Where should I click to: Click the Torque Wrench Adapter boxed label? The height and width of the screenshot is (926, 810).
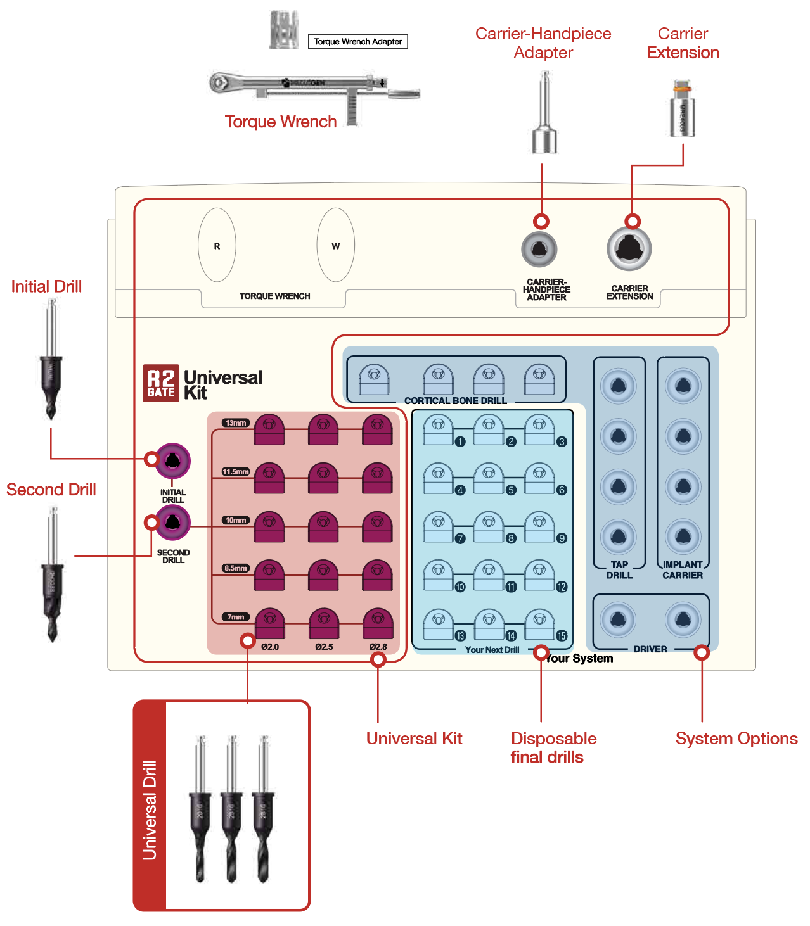358,42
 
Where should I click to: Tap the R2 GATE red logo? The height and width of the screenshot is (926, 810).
161,383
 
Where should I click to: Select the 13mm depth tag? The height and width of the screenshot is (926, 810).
236,423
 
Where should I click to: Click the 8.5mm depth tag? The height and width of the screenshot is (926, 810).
236,568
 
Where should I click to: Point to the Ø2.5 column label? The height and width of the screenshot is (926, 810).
324,647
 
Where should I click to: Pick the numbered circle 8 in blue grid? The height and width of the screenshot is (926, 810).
511,538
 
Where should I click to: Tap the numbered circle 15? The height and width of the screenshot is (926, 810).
562,635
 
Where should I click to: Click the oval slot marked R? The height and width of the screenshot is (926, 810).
217,246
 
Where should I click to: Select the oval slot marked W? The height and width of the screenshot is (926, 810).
335,246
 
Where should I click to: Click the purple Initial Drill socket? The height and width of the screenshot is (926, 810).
172,461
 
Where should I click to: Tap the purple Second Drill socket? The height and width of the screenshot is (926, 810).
172,523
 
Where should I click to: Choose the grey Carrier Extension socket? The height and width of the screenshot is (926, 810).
629,248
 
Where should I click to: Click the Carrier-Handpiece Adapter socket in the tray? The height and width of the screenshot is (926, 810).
539,249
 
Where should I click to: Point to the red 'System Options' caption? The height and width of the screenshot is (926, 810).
736,739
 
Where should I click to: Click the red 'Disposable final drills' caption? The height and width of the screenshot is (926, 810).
553,748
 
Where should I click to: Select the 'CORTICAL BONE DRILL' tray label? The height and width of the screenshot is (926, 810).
455,401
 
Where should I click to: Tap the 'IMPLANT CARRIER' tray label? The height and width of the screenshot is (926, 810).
683,570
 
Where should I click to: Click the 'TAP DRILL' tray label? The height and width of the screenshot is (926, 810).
619,570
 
